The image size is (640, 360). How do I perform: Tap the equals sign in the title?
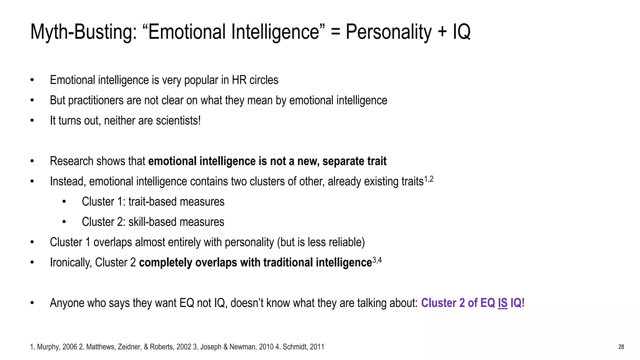pyautogui.click(x=335, y=32)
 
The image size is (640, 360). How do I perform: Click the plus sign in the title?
pyautogui.click(x=442, y=32)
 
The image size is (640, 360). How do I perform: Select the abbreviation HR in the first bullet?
pyautogui.click(x=239, y=80)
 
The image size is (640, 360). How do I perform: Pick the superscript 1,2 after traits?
pyautogui.click(x=429, y=179)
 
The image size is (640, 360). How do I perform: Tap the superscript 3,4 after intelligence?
pyautogui.click(x=377, y=260)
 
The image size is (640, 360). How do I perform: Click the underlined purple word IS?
pyautogui.click(x=502, y=303)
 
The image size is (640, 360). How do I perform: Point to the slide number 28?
pyautogui.click(x=621, y=347)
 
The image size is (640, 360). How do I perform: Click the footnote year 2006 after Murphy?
pyautogui.click(x=70, y=347)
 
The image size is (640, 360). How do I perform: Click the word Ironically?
pyautogui.click(x=71, y=263)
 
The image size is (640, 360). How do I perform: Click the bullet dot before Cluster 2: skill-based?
pyautogui.click(x=64, y=222)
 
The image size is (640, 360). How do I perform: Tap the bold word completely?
pyautogui.click(x=166, y=263)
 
